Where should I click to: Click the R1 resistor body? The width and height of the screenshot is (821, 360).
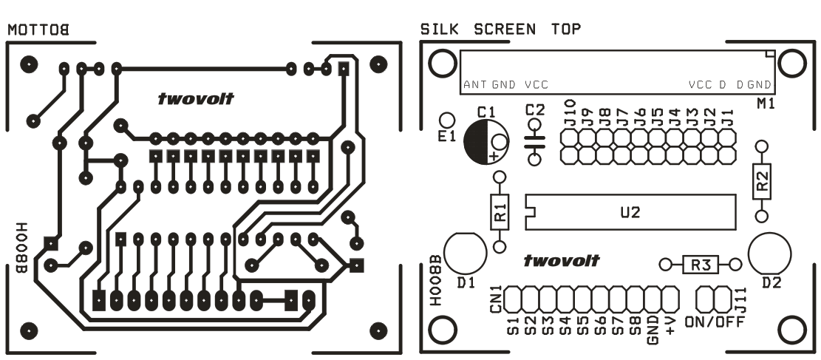click(x=500, y=211)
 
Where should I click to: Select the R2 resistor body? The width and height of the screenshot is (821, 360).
click(x=762, y=180)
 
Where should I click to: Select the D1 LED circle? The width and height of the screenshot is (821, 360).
click(x=466, y=253)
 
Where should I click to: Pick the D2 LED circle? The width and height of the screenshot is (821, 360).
click(x=769, y=253)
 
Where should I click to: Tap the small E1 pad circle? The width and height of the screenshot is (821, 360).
click(x=446, y=120)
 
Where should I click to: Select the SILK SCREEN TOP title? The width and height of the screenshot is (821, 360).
click(x=500, y=30)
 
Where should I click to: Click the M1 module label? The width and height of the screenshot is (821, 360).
click(x=766, y=104)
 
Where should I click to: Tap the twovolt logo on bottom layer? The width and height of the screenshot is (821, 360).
click(x=196, y=98)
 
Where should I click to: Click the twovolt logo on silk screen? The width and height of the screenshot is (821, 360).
click(x=562, y=260)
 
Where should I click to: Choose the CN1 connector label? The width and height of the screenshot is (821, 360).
click(x=497, y=299)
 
